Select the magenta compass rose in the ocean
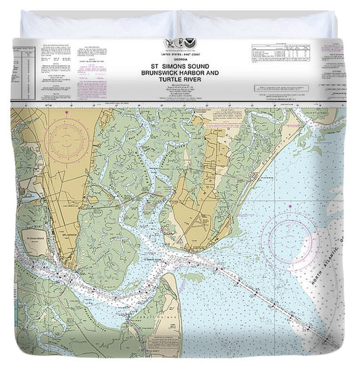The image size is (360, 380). (290, 238)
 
